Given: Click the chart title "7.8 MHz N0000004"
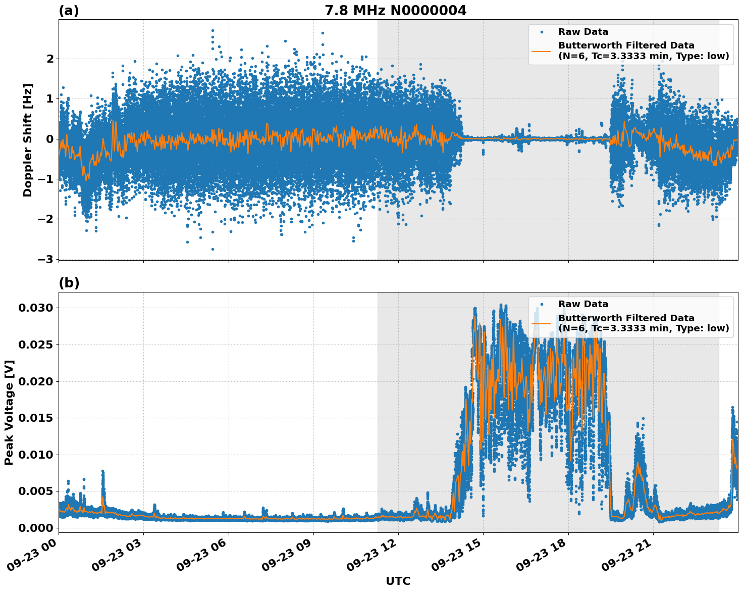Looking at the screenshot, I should [395, 11].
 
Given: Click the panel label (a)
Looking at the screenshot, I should [69, 11].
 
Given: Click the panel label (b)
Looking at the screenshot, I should [69, 283].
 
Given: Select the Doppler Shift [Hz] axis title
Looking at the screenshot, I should [28, 140].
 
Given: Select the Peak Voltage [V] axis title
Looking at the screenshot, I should [9, 412].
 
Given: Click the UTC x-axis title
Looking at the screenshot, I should [398, 581].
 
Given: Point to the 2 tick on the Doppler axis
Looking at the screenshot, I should [49, 59].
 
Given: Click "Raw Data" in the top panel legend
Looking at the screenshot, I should [583, 32].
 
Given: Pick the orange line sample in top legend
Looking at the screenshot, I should [542, 51].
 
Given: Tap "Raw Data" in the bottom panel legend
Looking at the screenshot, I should [583, 304].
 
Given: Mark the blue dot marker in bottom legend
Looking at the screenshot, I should [542, 304].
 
